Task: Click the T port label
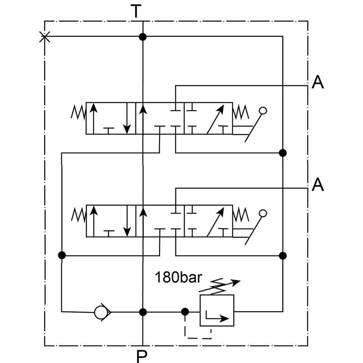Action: [136, 12]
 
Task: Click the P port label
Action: [142, 356]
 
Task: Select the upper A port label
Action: [318, 82]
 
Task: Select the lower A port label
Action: [318, 185]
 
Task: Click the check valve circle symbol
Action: [102, 311]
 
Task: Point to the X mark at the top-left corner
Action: [44, 36]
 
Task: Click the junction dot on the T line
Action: [143, 37]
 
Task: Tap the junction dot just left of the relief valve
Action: [185, 311]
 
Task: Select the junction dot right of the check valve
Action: [143, 311]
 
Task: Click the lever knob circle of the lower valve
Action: [263, 213]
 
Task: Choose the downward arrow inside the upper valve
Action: [127, 118]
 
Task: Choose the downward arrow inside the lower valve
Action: [127, 221]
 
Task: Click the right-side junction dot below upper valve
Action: [283, 152]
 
